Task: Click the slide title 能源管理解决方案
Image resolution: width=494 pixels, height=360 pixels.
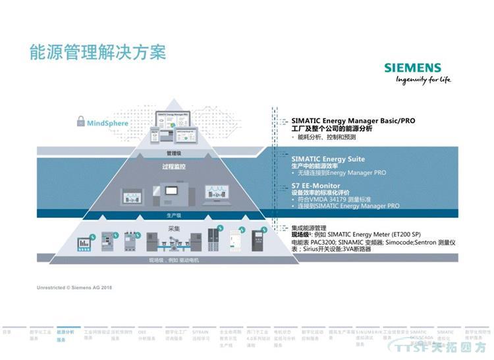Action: click(97, 52)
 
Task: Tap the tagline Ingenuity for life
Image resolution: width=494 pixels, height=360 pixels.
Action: click(423, 80)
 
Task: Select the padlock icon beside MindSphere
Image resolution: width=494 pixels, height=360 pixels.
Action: click(80, 121)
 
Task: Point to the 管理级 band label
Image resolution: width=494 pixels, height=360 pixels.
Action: click(173, 153)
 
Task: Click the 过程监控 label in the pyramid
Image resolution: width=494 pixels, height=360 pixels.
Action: click(173, 167)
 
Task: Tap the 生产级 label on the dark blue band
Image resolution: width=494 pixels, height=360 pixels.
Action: click(173, 215)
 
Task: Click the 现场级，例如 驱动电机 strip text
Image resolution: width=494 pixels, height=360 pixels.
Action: click(174, 261)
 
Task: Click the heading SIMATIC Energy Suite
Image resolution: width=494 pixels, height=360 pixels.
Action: click(327, 159)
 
